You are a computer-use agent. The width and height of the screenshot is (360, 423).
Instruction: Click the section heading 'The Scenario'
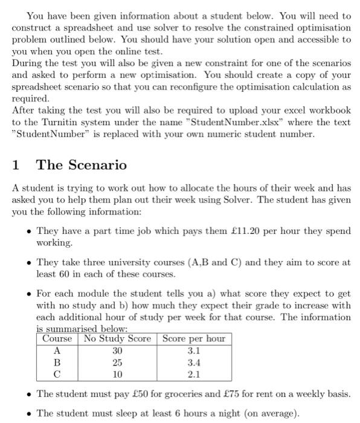[82, 164]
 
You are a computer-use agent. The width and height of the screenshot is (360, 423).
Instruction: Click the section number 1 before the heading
[16, 164]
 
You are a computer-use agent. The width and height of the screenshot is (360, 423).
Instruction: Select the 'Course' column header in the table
[57, 338]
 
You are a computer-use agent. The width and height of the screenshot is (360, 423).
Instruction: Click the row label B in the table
[57, 362]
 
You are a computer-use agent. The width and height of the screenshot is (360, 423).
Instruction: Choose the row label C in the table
[57, 373]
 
